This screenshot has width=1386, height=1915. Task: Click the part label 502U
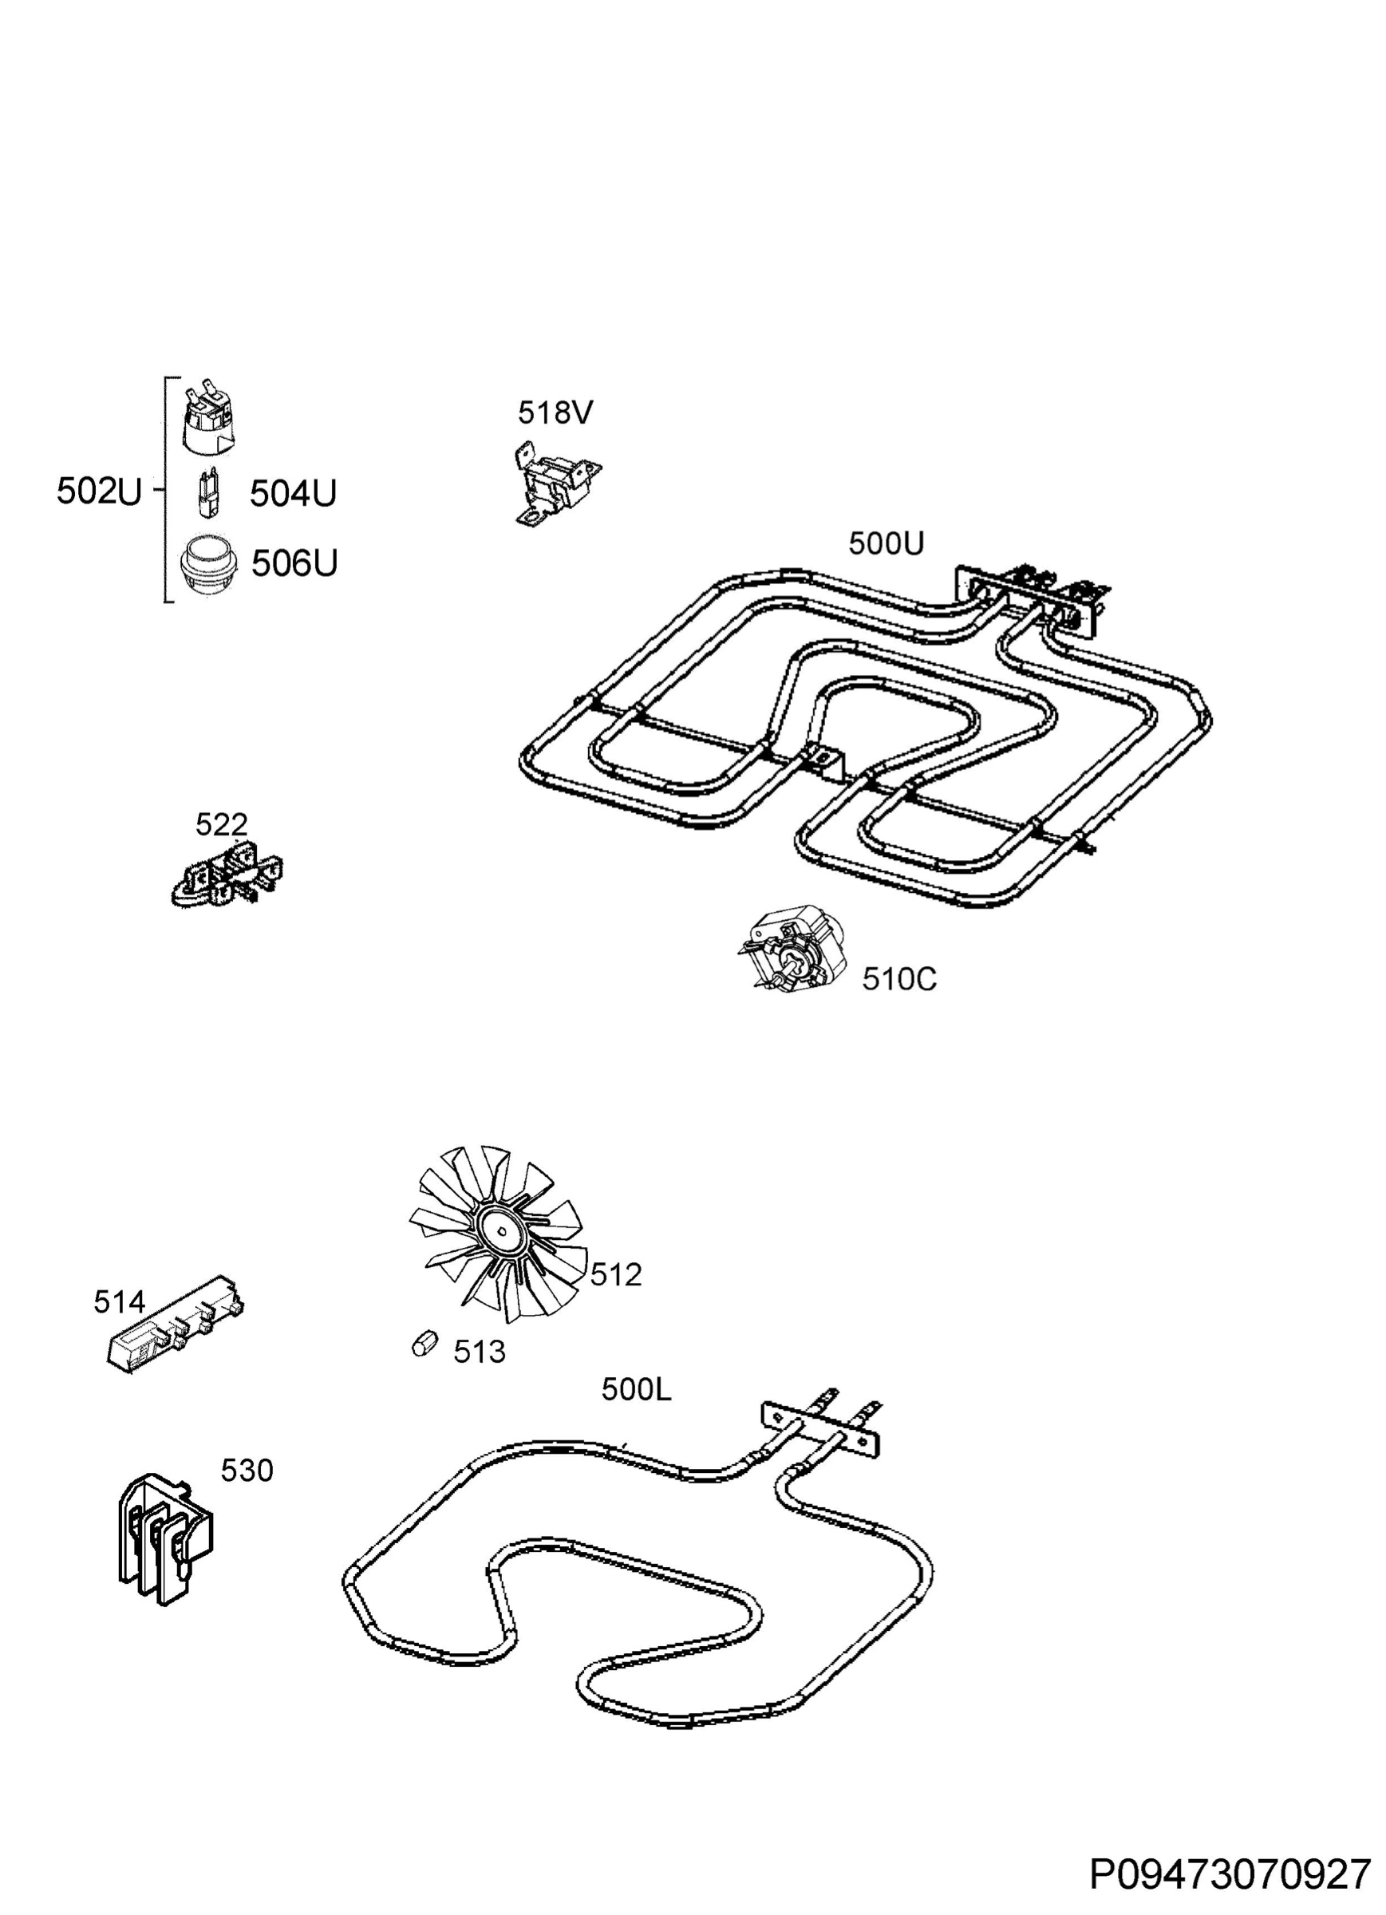[x=99, y=492]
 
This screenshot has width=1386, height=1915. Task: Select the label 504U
[x=292, y=494]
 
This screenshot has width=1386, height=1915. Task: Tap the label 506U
[x=294, y=563]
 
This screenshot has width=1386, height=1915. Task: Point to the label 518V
[x=555, y=413]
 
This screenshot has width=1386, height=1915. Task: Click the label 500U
[x=886, y=543]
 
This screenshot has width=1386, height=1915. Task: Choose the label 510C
[x=898, y=981]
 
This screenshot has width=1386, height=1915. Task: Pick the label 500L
[x=636, y=1389]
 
